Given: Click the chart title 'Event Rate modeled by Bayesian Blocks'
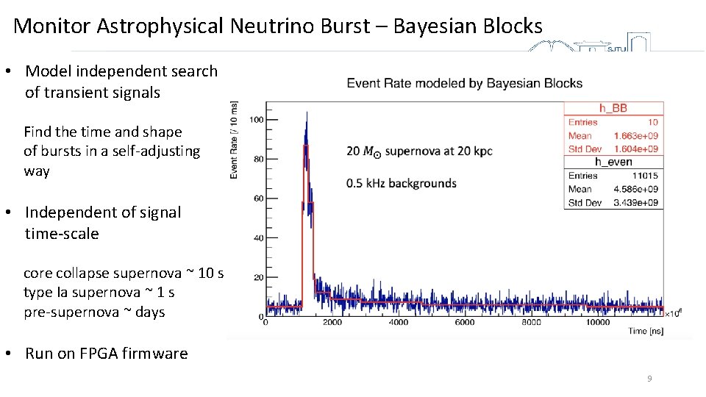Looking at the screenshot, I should pos(465,83).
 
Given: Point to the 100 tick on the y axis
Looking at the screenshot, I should pos(257,120).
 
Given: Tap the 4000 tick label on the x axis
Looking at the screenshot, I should pos(398,323).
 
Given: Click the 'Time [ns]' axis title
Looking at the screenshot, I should pos(646,332).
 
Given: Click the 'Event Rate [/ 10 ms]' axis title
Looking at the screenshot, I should pos(234,140).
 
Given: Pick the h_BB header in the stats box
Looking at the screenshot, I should pos(613,108).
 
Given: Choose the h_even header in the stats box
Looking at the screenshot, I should pos(613,162).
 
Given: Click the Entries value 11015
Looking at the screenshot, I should pos(645,176).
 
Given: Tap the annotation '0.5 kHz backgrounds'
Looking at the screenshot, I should pos(402,183).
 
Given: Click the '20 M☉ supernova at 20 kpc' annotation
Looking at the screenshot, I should pos(419,151).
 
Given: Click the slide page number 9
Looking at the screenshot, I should pos(649,379).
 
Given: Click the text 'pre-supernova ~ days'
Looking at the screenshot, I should pos(94,312).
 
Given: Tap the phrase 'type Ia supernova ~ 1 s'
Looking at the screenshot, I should pos(99,293).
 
